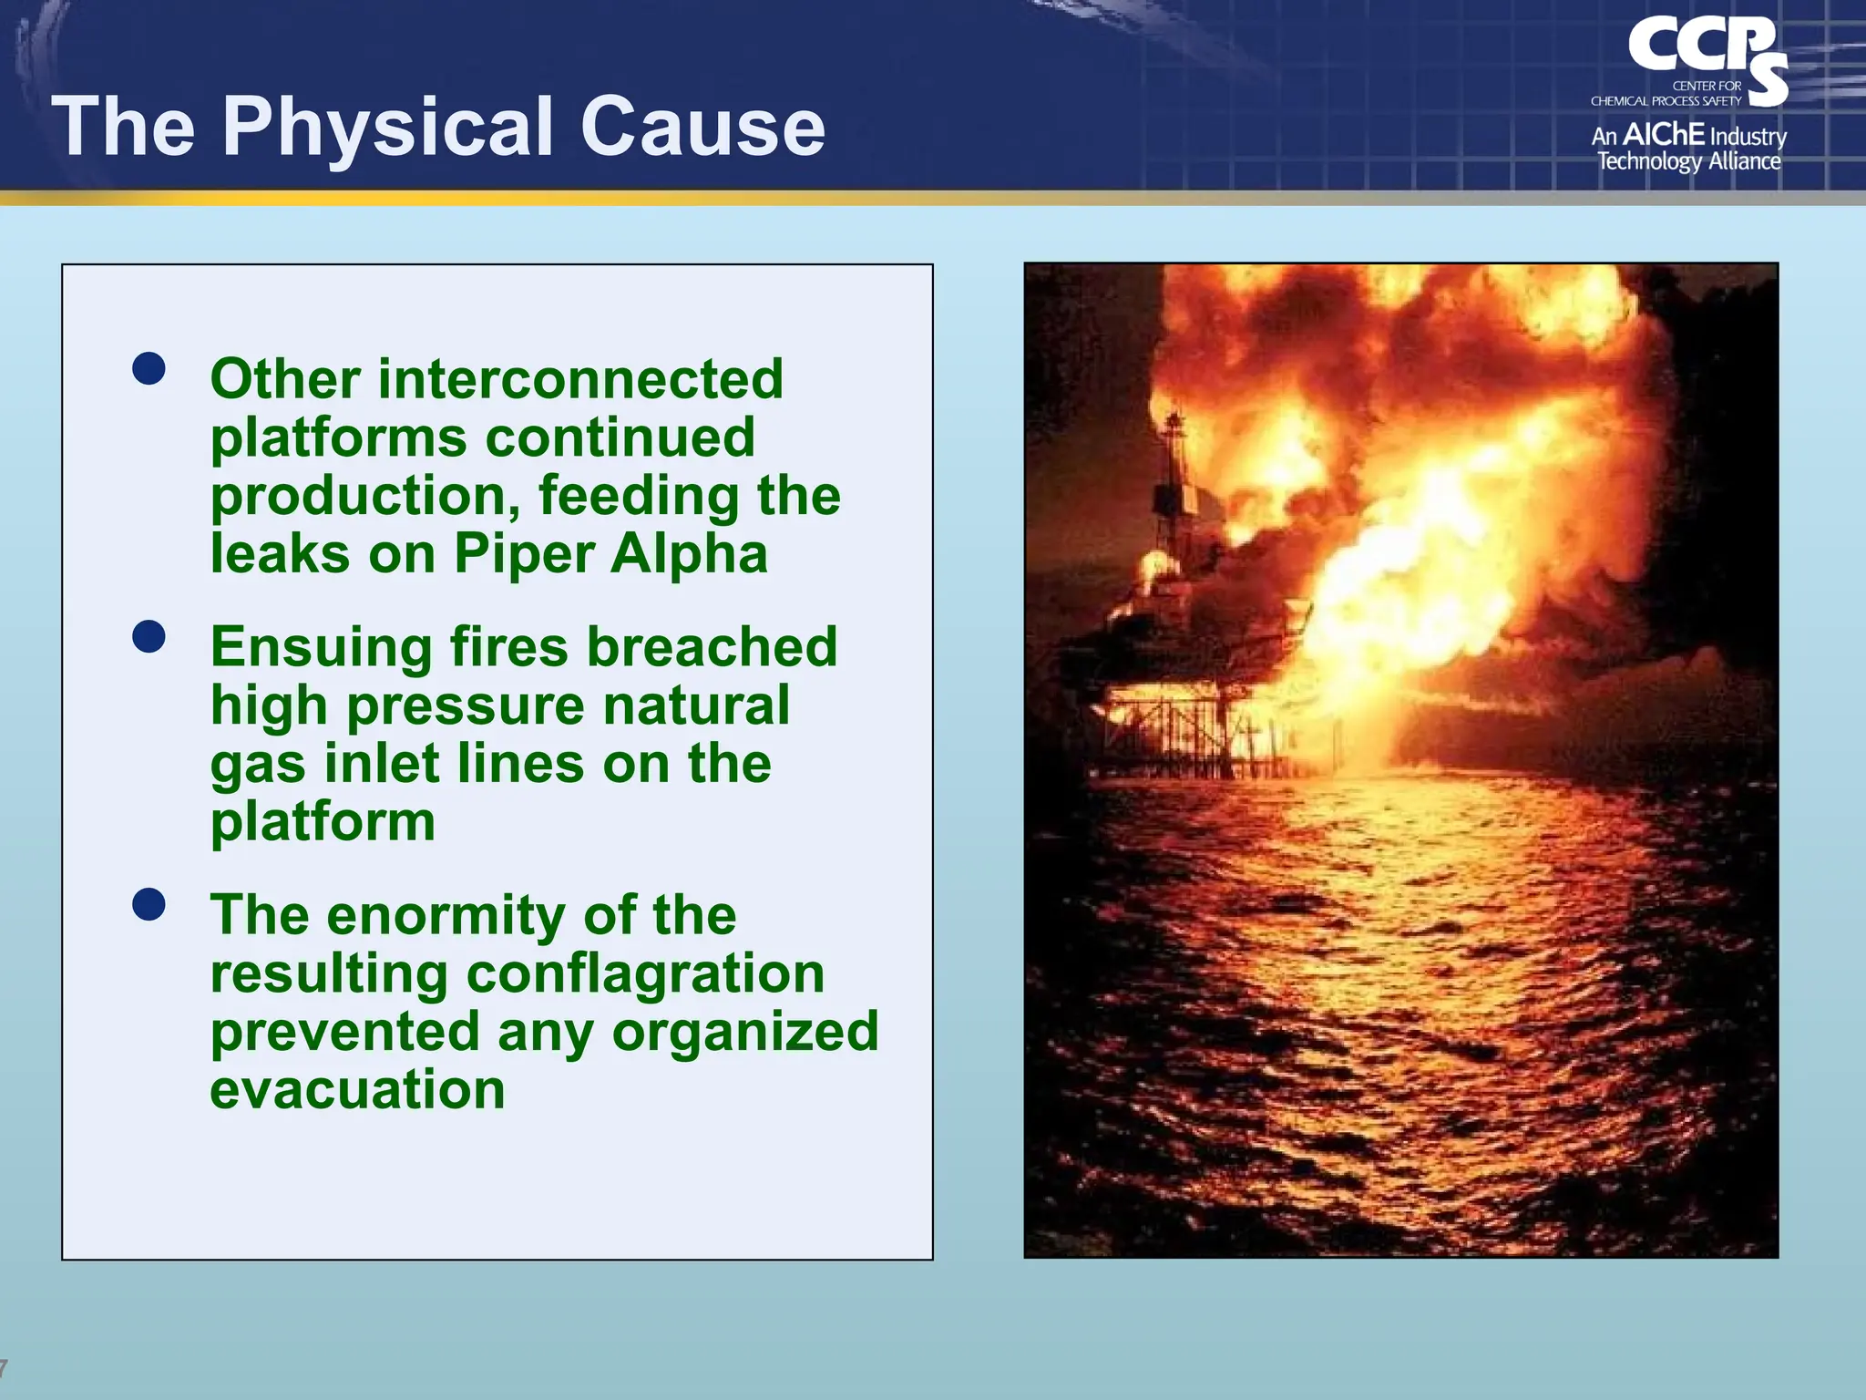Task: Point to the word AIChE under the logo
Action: tap(1663, 135)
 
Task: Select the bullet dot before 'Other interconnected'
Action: tap(149, 369)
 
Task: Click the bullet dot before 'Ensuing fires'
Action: tap(149, 636)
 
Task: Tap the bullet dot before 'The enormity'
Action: tap(149, 904)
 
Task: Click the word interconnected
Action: tap(580, 379)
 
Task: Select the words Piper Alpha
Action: tap(610, 554)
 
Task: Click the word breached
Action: tap(711, 647)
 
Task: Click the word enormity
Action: tap(446, 915)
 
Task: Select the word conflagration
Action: tap(645, 973)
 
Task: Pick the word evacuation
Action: tap(357, 1090)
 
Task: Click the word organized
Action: tap(744, 1032)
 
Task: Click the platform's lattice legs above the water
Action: tap(1175, 729)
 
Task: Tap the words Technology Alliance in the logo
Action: tap(1688, 162)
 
